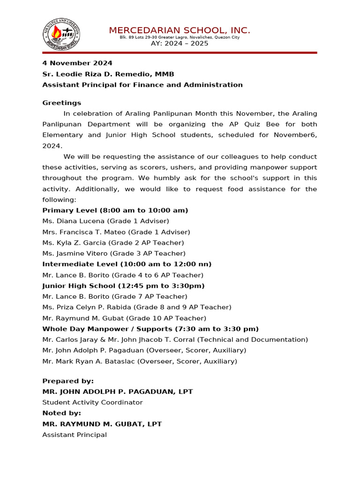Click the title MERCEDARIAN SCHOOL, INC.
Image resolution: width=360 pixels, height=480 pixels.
tap(180, 30)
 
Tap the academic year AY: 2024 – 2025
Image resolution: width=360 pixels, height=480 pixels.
tap(180, 44)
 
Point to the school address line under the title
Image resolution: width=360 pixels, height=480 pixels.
tap(180, 37)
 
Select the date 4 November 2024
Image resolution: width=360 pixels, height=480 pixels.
tap(77, 63)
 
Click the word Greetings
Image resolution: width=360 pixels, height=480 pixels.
tap(62, 103)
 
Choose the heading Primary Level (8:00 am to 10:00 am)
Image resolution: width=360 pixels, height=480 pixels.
tap(115, 210)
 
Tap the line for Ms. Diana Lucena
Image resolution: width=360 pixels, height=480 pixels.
tap(105, 221)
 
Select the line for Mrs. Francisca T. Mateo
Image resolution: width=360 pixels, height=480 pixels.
tap(116, 232)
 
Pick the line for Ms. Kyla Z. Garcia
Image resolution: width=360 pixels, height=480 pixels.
tap(113, 243)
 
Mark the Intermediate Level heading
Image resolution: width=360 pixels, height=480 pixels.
tap(127, 264)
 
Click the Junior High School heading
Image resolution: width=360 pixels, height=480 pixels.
tap(123, 286)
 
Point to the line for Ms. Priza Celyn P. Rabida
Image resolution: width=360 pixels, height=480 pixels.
tap(137, 307)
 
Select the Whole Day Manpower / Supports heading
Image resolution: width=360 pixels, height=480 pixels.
tap(150, 329)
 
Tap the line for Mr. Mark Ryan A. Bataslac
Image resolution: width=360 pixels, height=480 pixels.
tap(140, 361)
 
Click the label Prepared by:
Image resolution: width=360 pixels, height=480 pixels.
tap(68, 381)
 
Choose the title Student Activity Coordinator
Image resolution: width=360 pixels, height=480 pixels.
tap(92, 403)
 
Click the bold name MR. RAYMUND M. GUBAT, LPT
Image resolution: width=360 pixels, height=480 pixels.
tap(102, 424)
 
